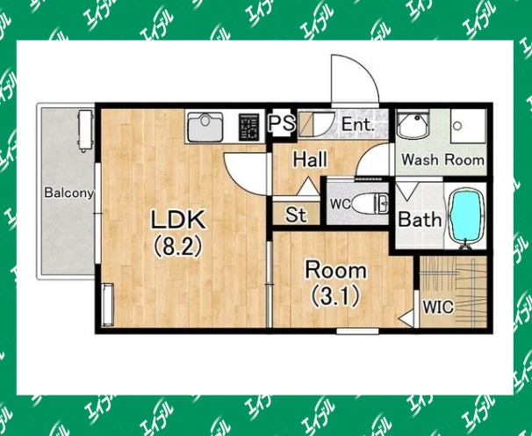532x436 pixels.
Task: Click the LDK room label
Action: pyautogui.click(x=178, y=220)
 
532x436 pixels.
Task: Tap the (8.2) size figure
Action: pyautogui.click(x=178, y=246)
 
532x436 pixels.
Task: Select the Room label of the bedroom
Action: pyautogui.click(x=336, y=271)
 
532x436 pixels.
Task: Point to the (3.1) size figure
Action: pyautogui.click(x=335, y=295)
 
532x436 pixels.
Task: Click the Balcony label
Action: pyautogui.click(x=68, y=193)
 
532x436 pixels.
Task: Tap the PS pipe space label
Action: pyautogui.click(x=282, y=123)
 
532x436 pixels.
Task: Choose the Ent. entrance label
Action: pyautogui.click(x=358, y=124)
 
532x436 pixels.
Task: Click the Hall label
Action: pyautogui.click(x=310, y=159)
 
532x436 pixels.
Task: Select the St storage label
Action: pyautogui.click(x=296, y=214)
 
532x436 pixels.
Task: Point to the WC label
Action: pyautogui.click(x=341, y=204)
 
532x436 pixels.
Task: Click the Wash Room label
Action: pyautogui.click(x=442, y=160)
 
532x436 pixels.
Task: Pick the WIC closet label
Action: pyautogui.click(x=438, y=307)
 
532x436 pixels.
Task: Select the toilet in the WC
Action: pyautogui.click(x=370, y=204)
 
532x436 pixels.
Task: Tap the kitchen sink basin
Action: pyautogui.click(x=205, y=127)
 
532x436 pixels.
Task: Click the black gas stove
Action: pyautogui.click(x=248, y=127)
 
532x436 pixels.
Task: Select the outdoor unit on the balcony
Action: pyautogui.click(x=85, y=131)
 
